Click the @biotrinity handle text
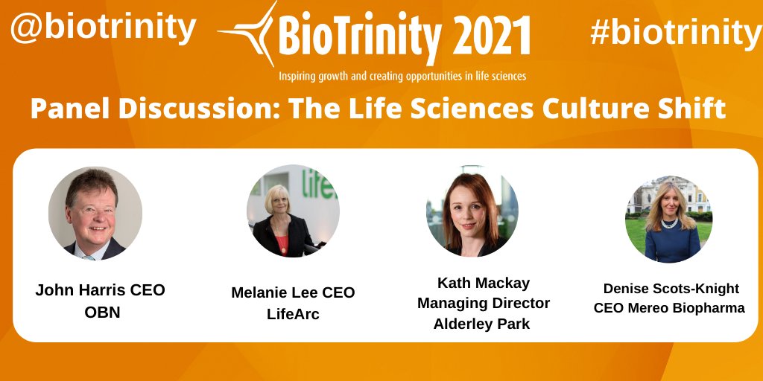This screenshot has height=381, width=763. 103,28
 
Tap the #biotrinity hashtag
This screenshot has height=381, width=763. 675,32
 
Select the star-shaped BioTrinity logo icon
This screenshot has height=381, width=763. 248,32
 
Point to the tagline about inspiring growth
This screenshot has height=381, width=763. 402,76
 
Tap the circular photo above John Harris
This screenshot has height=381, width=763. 95,213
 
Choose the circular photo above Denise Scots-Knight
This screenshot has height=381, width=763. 668,219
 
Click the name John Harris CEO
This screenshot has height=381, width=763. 100,290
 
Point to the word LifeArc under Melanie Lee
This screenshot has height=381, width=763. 293,314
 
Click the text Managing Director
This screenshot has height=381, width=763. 484,303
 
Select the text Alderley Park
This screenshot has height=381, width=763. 484,324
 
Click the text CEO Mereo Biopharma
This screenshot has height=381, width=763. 669,308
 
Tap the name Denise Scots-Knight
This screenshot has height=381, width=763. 669,288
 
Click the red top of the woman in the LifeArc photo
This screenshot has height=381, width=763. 282,241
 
